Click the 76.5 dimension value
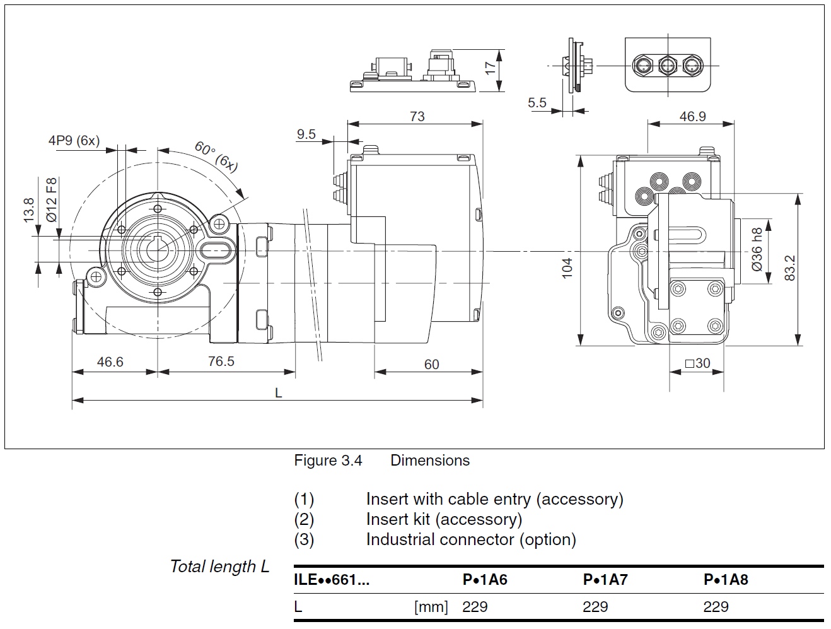(221, 361)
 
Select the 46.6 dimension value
(110, 362)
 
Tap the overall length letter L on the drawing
(278, 392)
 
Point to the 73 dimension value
(417, 116)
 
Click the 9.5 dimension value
(306, 134)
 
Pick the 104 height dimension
(567, 267)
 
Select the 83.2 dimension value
(790, 267)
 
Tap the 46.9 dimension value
(692, 117)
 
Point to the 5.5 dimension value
(537, 102)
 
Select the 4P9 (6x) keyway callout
(74, 141)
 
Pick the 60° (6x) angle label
(216, 156)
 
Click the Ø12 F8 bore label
(52, 199)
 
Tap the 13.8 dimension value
(28, 210)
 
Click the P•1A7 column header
(605, 579)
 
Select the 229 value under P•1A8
(716, 607)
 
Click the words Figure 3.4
(328, 461)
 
